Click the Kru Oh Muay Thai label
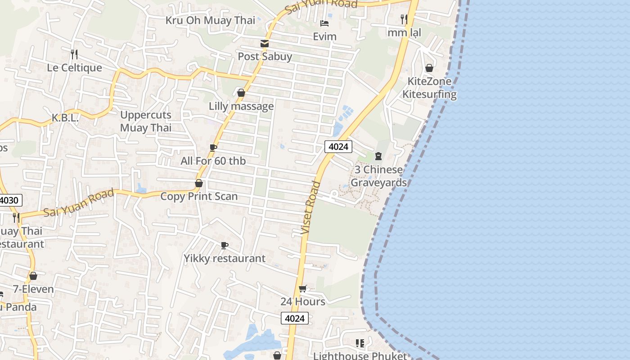click(x=210, y=20)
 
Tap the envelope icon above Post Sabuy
click(x=265, y=44)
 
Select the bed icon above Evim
click(x=324, y=23)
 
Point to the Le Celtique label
click(x=75, y=68)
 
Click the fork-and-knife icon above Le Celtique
click(x=74, y=54)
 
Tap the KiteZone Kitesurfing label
click(x=429, y=88)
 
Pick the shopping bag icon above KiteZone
click(x=429, y=68)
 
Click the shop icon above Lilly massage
click(x=241, y=93)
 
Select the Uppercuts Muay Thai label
click(x=146, y=121)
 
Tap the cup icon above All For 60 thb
click(x=213, y=148)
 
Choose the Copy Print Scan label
click(x=199, y=197)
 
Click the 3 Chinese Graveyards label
click(x=378, y=176)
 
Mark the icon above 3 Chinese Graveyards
click(x=378, y=156)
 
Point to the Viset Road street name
click(x=311, y=207)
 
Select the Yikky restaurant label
click(x=225, y=259)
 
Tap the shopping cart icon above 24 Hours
click(x=303, y=288)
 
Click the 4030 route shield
click(x=10, y=201)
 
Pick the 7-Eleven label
click(x=33, y=289)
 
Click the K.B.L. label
click(x=65, y=118)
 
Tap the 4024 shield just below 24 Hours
click(x=295, y=319)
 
